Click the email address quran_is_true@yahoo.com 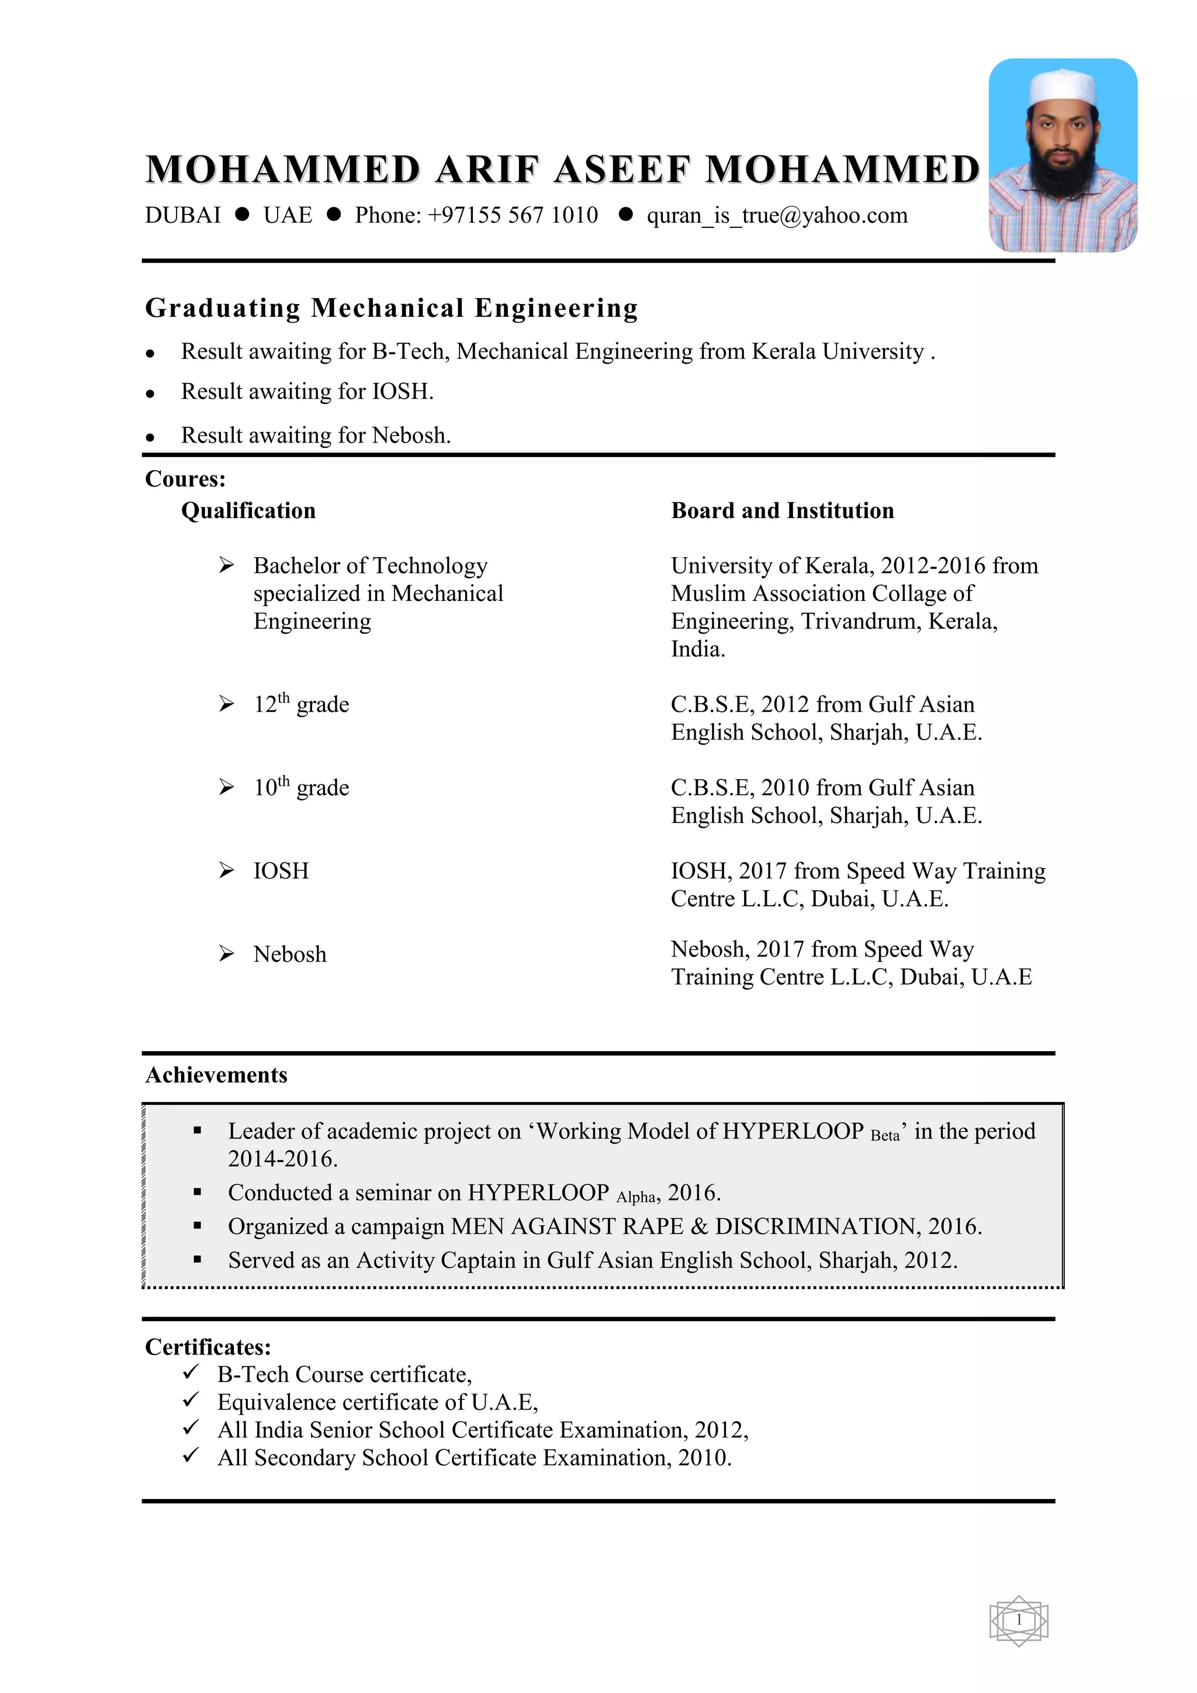pyautogui.click(x=777, y=215)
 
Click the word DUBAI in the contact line pyautogui.click(x=183, y=215)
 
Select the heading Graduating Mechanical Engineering pyautogui.click(x=392, y=307)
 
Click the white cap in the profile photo pyautogui.click(x=1062, y=87)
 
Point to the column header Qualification pyautogui.click(x=248, y=510)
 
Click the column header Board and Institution pyautogui.click(x=782, y=510)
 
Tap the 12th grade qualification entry pyautogui.click(x=301, y=705)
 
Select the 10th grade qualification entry pyautogui.click(x=301, y=788)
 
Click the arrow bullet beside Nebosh pyautogui.click(x=226, y=953)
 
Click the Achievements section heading pyautogui.click(x=216, y=1074)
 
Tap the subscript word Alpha pyautogui.click(x=635, y=1197)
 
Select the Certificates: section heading pyautogui.click(x=208, y=1346)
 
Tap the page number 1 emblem pyautogui.click(x=1019, y=1619)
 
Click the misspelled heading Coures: pyautogui.click(x=185, y=479)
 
